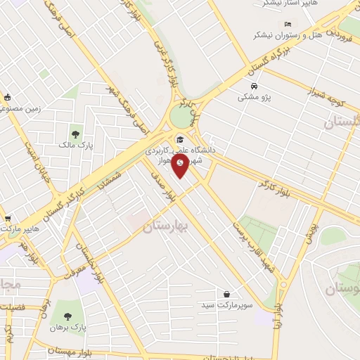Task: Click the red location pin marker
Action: tap(181, 165)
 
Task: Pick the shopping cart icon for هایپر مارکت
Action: tap(7, 219)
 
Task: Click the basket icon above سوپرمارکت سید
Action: tap(227, 294)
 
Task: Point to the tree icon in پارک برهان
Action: tap(67, 317)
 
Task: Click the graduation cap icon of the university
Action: tap(180, 139)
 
